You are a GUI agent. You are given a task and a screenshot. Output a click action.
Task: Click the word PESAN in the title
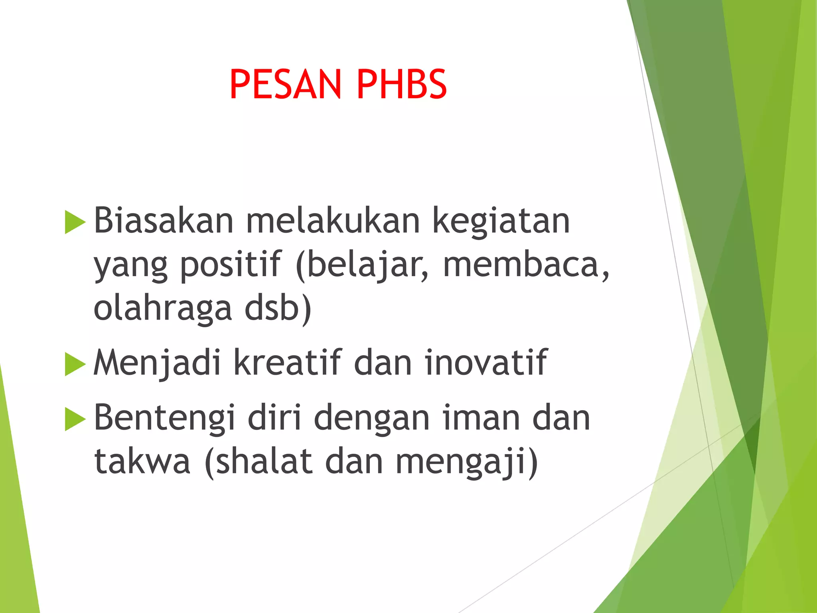pos(286,84)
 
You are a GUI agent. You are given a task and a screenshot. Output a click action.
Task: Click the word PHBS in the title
pos(401,84)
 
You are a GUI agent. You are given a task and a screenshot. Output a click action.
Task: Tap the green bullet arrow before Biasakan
pos(75,222)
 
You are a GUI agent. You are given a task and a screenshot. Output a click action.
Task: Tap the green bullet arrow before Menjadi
pos(75,364)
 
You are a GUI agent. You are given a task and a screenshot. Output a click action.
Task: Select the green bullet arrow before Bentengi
pos(75,419)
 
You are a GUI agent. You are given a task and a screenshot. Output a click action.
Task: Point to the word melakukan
pos(333,221)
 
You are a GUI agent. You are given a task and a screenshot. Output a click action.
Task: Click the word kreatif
pos(288,362)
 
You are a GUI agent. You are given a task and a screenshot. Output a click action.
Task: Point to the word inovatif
pos(485,362)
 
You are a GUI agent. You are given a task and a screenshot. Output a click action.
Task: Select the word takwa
pos(142,461)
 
